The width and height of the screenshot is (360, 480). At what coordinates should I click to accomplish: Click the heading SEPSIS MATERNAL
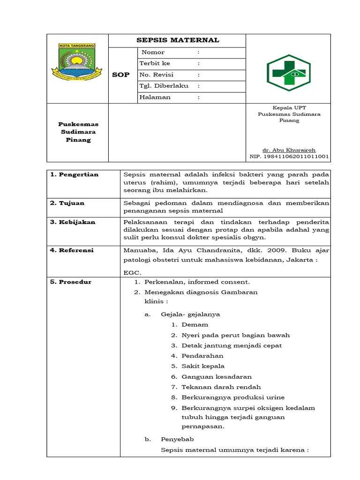coord(178,40)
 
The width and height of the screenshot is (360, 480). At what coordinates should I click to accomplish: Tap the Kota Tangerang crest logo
coord(77,63)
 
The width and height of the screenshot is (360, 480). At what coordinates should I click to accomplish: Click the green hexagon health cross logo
coord(288,73)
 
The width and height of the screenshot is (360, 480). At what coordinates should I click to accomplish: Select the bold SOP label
coord(120,75)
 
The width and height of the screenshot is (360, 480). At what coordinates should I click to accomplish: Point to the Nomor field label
coord(153,52)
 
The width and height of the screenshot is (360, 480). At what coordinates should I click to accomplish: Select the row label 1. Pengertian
coord(74,174)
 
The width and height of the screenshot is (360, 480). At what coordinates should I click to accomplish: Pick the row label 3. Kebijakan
coord(73,222)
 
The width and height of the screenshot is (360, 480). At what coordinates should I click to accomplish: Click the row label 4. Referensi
coord(72,250)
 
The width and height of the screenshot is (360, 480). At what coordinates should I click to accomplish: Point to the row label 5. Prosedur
coord(71,282)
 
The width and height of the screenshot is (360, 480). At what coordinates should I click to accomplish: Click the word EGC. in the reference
coord(132,272)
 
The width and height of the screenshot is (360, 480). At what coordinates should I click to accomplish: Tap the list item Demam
coord(195,324)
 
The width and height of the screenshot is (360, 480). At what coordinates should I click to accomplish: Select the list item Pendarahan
coord(202,356)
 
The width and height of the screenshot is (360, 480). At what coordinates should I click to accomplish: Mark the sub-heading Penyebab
coord(177,439)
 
